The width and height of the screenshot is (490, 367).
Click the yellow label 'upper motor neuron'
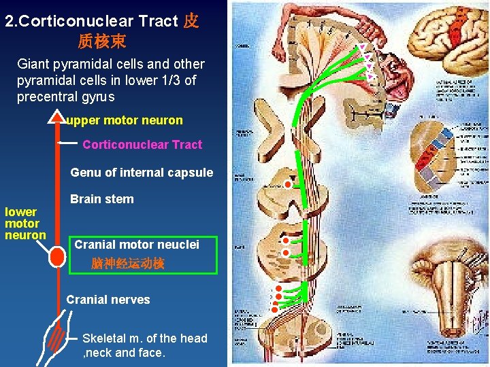[x=125, y=120]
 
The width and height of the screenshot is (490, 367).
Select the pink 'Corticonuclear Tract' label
[x=142, y=144]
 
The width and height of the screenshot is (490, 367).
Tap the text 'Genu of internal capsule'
[x=142, y=173]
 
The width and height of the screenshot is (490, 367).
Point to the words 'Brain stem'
[x=102, y=199]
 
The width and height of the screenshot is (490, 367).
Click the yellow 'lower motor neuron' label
[x=24, y=224]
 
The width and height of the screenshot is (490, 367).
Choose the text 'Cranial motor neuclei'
[x=136, y=245]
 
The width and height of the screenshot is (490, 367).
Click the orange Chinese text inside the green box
[x=127, y=263]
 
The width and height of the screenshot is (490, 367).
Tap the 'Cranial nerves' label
[x=108, y=300]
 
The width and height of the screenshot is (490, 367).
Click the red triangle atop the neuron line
[x=56, y=118]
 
